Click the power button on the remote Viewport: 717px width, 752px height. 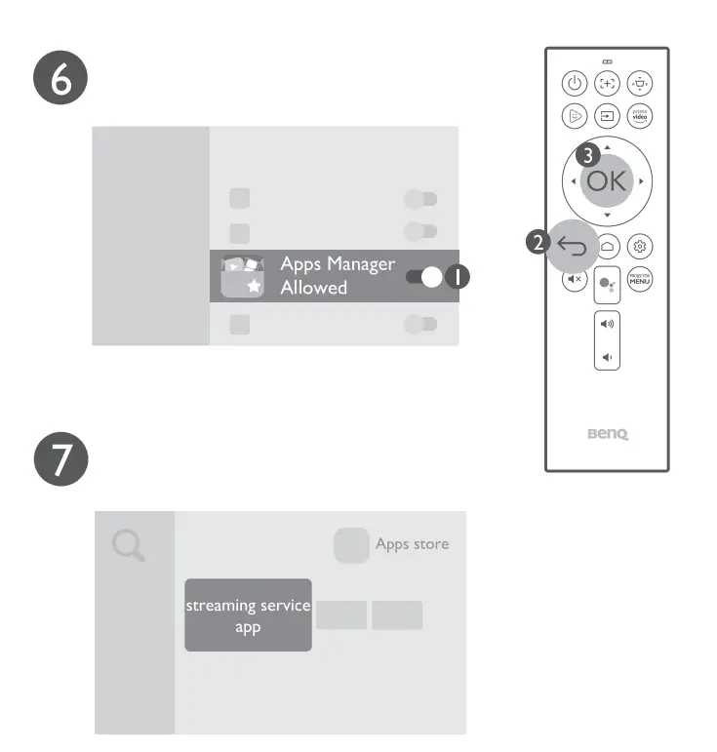click(x=575, y=84)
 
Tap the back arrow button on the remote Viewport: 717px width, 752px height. click(x=574, y=247)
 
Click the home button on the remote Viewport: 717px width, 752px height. click(x=607, y=247)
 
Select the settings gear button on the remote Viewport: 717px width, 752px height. click(x=640, y=247)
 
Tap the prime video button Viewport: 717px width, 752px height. click(x=640, y=115)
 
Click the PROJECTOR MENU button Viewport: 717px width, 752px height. click(x=640, y=279)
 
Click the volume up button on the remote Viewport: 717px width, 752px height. click(x=607, y=323)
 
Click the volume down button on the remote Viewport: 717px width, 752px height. click(x=607, y=357)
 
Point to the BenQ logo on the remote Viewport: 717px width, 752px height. click(x=607, y=435)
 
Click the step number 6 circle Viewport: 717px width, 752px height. click(x=61, y=80)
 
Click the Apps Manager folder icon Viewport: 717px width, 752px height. click(x=243, y=276)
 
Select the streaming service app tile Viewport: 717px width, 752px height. click(x=248, y=614)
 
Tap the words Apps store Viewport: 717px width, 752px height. click(x=412, y=544)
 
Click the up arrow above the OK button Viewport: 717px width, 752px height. click(x=607, y=147)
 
